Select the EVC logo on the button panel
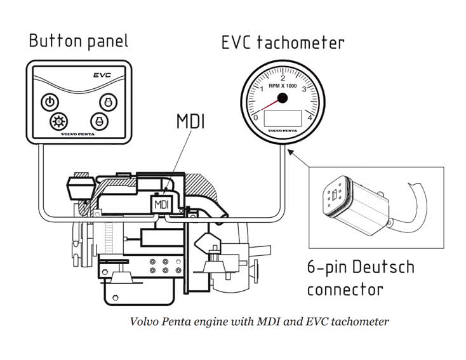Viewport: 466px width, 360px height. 102,74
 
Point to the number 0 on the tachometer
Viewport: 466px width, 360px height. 256,117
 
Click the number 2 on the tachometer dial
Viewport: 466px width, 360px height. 283,77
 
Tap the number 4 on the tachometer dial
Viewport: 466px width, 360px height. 309,117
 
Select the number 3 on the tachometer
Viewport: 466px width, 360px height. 304,89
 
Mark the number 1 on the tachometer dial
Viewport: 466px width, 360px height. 262,88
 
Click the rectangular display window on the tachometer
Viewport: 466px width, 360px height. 283,118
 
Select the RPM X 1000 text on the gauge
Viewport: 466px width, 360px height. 283,86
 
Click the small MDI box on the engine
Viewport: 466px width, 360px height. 161,205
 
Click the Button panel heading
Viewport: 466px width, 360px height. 78,41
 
